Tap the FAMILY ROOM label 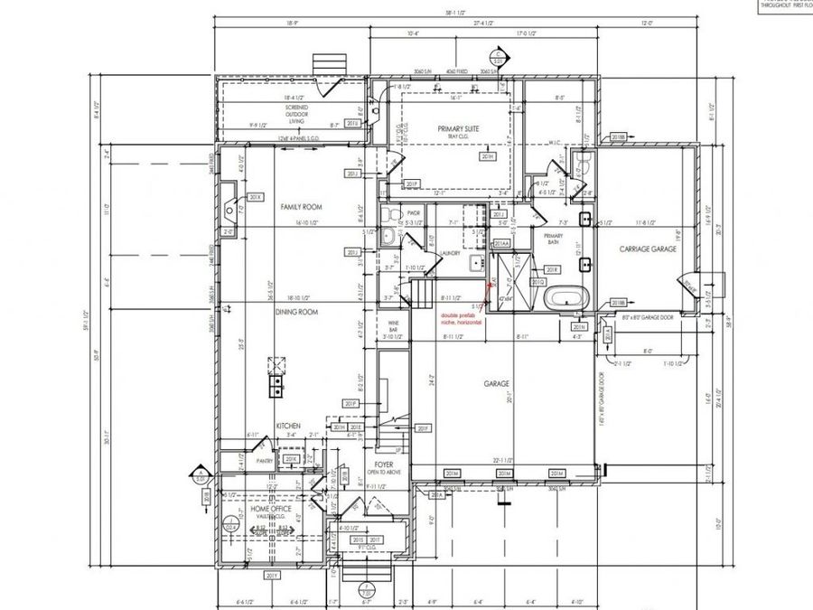(301, 207)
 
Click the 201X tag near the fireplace (256, 197)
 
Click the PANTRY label (265, 461)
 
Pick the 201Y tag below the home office (271, 576)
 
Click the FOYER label (378, 467)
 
